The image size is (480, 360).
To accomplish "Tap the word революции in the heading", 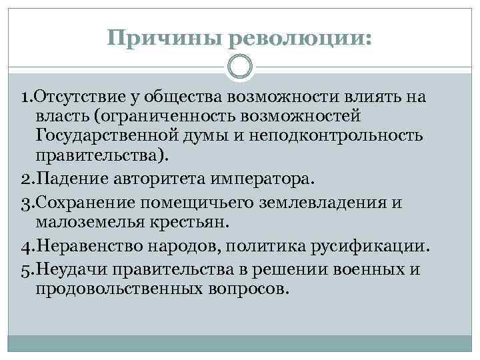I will point(299,37).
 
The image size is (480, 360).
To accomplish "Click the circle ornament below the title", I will point(240,68).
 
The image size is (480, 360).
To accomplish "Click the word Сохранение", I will point(76,203).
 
